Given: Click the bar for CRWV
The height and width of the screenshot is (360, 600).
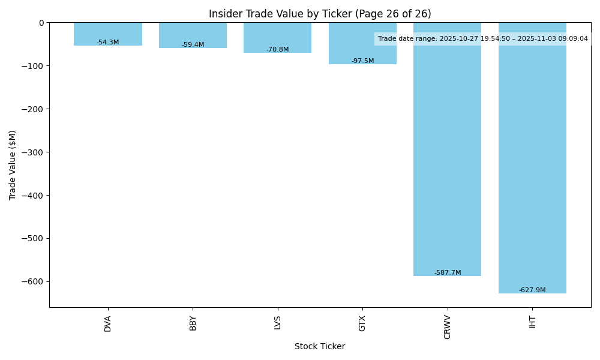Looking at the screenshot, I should (x=447, y=150).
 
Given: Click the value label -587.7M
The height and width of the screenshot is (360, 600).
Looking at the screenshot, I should (x=448, y=273).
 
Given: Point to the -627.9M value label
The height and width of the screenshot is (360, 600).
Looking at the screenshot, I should (x=532, y=290).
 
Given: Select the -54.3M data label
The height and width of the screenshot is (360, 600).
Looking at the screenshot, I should (x=108, y=43).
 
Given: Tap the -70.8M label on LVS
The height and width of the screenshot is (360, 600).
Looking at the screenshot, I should (x=278, y=50).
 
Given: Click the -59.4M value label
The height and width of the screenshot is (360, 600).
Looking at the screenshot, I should (x=193, y=45).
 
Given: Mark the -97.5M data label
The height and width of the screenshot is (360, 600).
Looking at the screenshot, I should (x=362, y=61).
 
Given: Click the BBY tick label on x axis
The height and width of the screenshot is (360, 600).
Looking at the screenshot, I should (x=193, y=323).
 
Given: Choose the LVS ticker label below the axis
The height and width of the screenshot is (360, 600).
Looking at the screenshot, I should (x=278, y=323).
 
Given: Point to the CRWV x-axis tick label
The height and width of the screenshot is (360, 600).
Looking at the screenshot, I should (x=448, y=326).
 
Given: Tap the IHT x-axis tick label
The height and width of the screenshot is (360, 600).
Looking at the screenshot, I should (x=532, y=322).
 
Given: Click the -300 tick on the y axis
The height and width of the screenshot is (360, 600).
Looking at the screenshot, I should (x=34, y=152).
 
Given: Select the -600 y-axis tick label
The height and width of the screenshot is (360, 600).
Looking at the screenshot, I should (x=34, y=281).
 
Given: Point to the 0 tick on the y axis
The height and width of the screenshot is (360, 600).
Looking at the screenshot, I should (x=41, y=23).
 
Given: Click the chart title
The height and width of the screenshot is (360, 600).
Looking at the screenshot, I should (x=320, y=14).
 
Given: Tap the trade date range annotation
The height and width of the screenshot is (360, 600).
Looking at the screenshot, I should (x=482, y=39).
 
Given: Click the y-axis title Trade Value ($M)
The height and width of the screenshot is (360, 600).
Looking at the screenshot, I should (x=13, y=165).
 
